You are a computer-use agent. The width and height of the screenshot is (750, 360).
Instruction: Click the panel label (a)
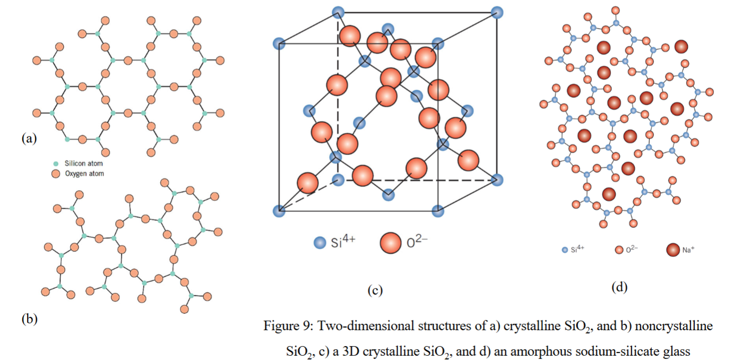[x=29, y=138]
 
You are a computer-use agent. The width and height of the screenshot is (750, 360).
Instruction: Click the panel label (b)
[x=30, y=319]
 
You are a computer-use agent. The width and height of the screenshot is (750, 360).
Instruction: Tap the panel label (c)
[x=375, y=290]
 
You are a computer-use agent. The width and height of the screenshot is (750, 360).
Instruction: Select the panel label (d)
[x=619, y=287]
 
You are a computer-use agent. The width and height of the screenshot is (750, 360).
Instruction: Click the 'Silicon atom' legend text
[x=84, y=164]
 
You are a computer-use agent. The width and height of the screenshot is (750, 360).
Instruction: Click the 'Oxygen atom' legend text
[x=84, y=174]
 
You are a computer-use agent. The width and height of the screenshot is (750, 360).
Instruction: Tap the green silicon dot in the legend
[x=56, y=164]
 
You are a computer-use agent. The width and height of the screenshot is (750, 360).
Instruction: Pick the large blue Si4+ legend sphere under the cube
[x=320, y=243]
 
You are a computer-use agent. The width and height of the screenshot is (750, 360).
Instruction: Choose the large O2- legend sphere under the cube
[x=391, y=243]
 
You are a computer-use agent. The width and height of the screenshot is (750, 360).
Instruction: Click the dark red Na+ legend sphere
[x=673, y=250]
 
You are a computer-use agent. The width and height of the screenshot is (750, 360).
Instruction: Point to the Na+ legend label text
[x=688, y=250]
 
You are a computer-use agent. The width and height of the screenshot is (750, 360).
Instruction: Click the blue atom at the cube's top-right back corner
[x=497, y=12]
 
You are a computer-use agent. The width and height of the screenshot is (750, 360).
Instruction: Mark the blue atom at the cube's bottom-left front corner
[x=279, y=211]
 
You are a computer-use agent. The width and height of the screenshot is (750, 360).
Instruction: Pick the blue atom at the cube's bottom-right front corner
[x=437, y=211]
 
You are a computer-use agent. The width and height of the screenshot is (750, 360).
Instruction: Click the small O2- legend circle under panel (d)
[x=619, y=250]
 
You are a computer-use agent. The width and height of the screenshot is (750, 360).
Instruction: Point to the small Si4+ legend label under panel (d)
[x=578, y=249]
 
